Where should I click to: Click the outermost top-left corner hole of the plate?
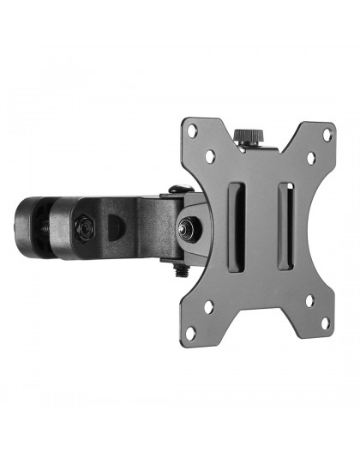(194, 130)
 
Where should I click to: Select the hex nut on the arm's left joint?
(83, 228)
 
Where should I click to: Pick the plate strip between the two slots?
(261, 227)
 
